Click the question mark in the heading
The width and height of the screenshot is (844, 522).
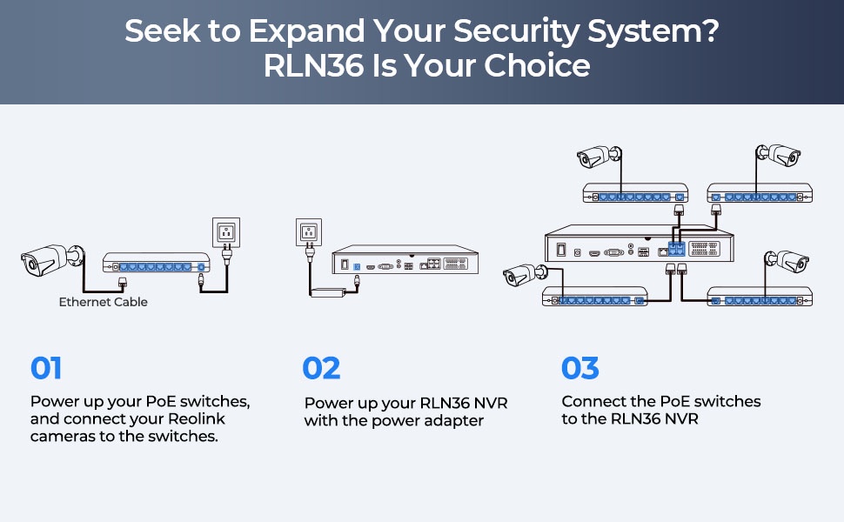point(710,31)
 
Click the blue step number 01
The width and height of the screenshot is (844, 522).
point(46,368)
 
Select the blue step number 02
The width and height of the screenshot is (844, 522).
point(321,368)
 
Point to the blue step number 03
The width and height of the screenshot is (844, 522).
point(580,368)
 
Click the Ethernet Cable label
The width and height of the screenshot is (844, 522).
point(103,302)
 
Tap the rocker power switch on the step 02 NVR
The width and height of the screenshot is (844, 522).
point(345,264)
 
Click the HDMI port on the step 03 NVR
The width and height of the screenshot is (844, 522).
point(594,251)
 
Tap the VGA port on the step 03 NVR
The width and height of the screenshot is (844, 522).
point(613,251)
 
